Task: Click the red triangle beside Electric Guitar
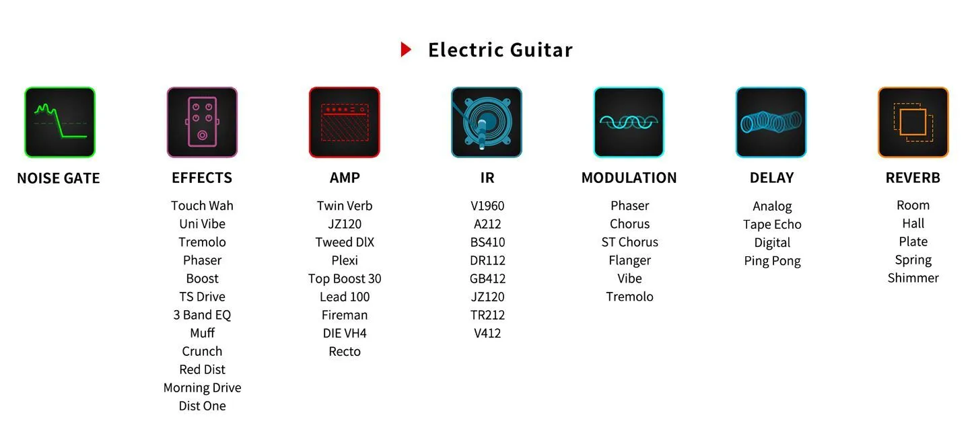pyautogui.click(x=406, y=50)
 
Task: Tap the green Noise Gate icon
pyautogui.click(x=60, y=122)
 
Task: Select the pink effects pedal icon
pyautogui.click(x=202, y=122)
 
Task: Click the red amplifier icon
pyautogui.click(x=344, y=122)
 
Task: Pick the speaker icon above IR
pyautogui.click(x=487, y=122)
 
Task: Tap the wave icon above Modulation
pyautogui.click(x=629, y=122)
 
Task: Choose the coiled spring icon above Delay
pyautogui.click(x=771, y=122)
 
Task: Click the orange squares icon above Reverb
pyautogui.click(x=913, y=122)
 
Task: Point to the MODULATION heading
pyautogui.click(x=629, y=178)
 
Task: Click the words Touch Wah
pyautogui.click(x=202, y=205)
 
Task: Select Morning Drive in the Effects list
pyautogui.click(x=202, y=387)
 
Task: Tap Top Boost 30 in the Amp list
pyautogui.click(x=345, y=279)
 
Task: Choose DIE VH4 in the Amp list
pyautogui.click(x=345, y=333)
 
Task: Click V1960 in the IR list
pyautogui.click(x=487, y=205)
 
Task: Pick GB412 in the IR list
pyautogui.click(x=487, y=279)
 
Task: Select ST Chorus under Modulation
pyautogui.click(x=629, y=242)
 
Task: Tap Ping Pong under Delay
pyautogui.click(x=773, y=261)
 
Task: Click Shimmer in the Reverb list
pyautogui.click(x=913, y=278)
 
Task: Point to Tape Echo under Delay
pyautogui.click(x=773, y=224)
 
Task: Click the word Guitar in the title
pyautogui.click(x=541, y=50)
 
